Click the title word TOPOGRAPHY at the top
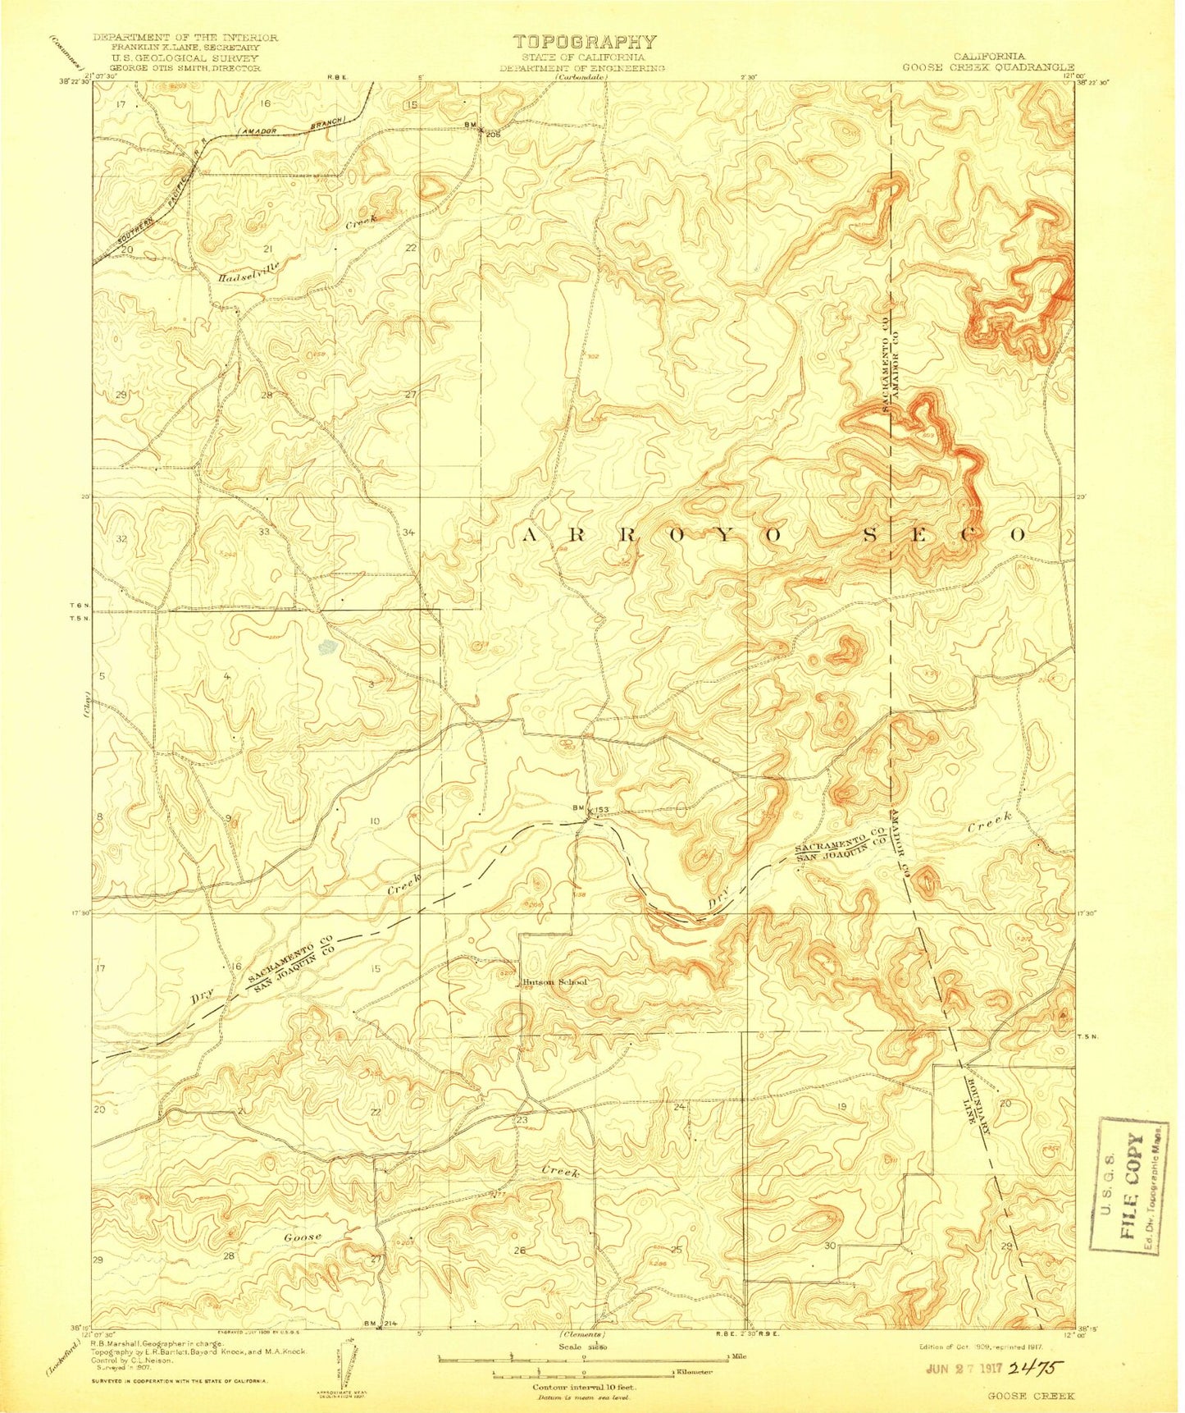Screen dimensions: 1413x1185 pos(584,43)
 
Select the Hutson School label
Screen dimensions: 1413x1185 pos(555,982)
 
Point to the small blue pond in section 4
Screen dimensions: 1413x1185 pos(328,647)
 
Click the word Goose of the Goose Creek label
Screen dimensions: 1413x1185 pos(303,1237)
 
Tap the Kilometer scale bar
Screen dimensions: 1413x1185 pos(582,1374)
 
